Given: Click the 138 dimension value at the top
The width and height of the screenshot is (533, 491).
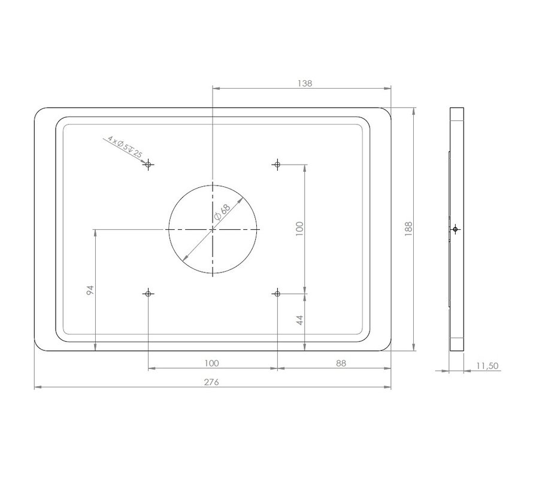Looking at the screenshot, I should coord(304,84).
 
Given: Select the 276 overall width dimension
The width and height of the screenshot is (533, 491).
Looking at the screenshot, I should coord(212,383).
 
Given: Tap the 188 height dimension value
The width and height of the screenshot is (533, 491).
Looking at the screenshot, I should coord(408,228).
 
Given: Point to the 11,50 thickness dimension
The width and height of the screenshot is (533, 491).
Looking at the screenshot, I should coord(487,366).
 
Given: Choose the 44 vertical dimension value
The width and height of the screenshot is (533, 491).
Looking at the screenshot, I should coord(300,320).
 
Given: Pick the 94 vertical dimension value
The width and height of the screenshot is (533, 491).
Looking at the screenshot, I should coord(90,290).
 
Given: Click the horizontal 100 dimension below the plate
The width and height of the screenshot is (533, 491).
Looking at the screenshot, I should coord(211,363).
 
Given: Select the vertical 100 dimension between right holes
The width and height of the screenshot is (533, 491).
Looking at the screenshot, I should coord(300,228).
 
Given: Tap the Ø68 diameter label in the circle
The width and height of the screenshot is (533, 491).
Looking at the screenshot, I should coord(222,213).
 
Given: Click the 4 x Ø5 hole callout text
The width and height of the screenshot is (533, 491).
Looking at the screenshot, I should coord(125,147).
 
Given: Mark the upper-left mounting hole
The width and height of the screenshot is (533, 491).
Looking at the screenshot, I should coord(148,164).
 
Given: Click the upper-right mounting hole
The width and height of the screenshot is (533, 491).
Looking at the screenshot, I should coord(277,164).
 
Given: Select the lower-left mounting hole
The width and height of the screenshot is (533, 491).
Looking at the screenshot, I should coord(148,293).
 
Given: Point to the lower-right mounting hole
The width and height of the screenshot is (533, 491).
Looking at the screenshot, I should coord(277,293).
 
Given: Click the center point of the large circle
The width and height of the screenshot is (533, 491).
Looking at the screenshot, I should coord(213,229).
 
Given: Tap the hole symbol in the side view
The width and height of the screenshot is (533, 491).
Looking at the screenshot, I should coord(456,229).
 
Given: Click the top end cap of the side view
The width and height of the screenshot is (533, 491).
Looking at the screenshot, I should coord(456,114).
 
